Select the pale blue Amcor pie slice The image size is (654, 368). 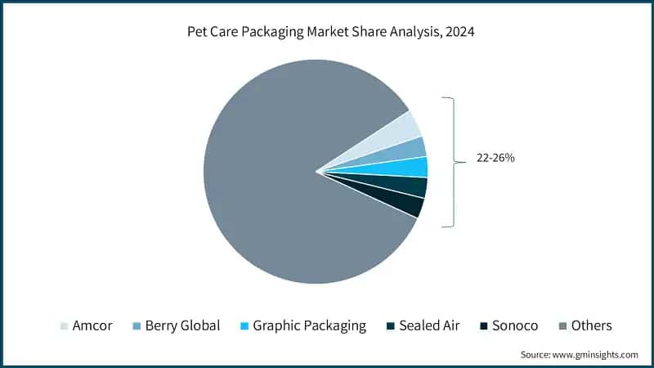[401, 131]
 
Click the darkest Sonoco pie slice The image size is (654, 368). [407, 205]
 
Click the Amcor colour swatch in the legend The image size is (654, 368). [65, 326]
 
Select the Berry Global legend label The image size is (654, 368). [182, 325]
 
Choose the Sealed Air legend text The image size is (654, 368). [429, 325]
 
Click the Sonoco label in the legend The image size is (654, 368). [515, 325]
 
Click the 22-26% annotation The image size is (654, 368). [495, 158]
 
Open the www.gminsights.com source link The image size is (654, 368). [595, 355]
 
